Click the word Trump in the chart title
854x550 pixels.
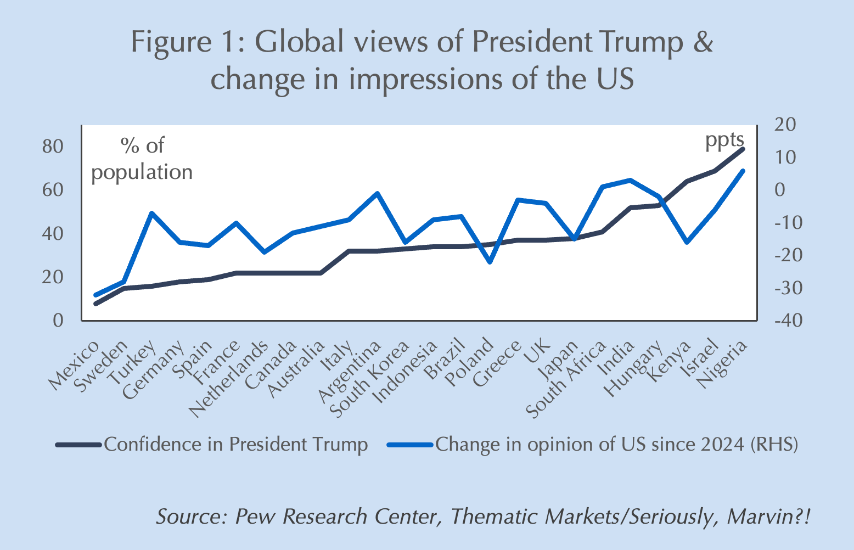(x=640, y=42)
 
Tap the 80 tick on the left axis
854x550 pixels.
(x=53, y=147)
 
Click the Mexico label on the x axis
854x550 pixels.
(x=75, y=365)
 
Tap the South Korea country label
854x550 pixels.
(x=371, y=379)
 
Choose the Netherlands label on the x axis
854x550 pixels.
(x=229, y=379)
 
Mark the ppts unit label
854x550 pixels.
(x=724, y=140)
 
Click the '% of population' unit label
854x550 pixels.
(x=142, y=159)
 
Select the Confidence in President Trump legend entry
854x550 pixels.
(x=235, y=444)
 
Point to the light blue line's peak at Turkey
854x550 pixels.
(x=152, y=213)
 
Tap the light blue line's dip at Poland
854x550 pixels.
(x=490, y=262)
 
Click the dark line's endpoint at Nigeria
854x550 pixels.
(x=743, y=149)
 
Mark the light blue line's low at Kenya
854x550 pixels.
(x=687, y=242)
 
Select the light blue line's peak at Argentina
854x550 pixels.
(x=377, y=193)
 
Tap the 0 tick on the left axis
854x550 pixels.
(x=58, y=321)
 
